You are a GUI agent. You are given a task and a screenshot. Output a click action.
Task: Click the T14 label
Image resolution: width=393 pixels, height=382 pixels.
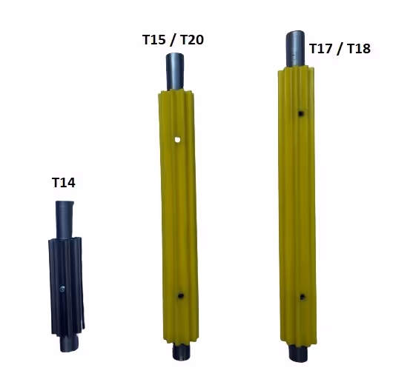tap(64, 183)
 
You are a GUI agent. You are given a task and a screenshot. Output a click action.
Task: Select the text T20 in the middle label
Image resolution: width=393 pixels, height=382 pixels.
tap(192, 40)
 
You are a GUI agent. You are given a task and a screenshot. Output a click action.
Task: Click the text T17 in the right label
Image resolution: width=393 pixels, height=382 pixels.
tap(321, 49)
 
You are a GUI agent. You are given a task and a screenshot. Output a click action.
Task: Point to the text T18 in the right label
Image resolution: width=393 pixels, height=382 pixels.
tap(359, 49)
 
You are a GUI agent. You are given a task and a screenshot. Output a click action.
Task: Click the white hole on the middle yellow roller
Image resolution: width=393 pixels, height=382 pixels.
tap(177, 140)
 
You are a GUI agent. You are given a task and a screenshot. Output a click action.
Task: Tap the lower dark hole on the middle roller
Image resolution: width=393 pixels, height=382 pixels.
tap(180, 295)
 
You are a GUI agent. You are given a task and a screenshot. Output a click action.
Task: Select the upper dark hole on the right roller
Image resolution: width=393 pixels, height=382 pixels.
tap(301, 113)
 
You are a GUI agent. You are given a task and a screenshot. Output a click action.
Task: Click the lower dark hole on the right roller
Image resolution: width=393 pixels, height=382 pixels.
tap(303, 297)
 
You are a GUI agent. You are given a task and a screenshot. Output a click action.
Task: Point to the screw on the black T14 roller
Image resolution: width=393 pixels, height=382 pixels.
tap(62, 289)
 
